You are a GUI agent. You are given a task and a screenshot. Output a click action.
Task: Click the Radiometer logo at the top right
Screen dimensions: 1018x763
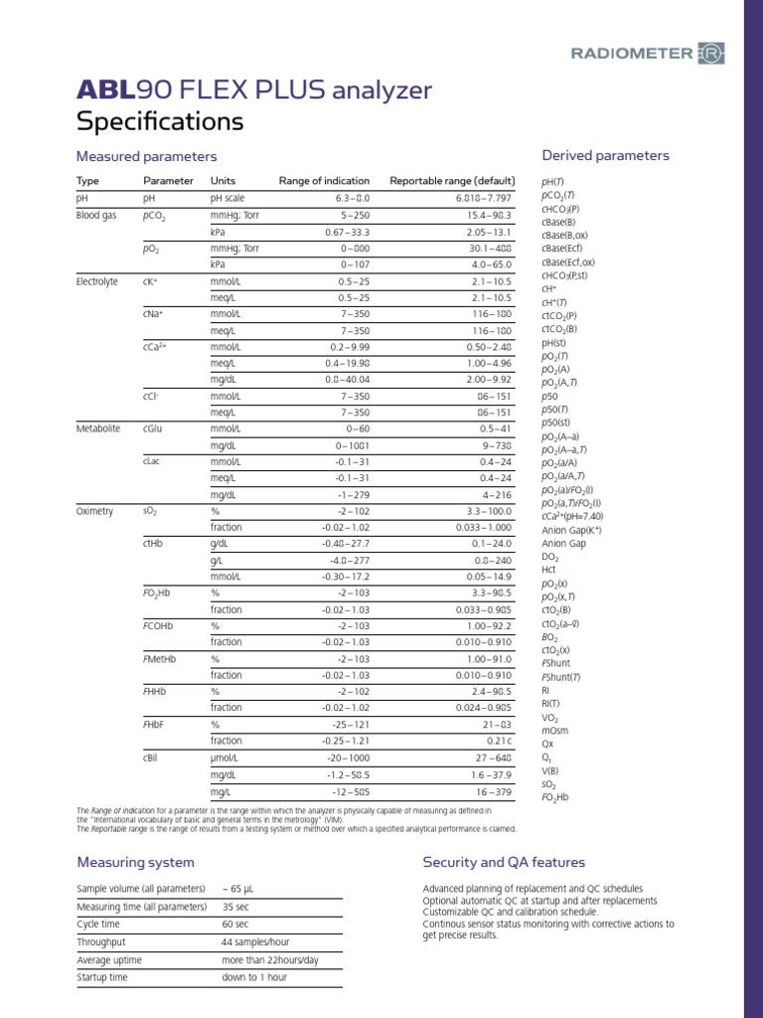point(645,53)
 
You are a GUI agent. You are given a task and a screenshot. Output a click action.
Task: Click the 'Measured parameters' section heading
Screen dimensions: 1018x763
point(146,157)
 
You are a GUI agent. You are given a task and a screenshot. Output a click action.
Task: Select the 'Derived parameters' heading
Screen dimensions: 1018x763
point(605,155)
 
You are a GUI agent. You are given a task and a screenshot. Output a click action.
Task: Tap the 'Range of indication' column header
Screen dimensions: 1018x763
point(324,181)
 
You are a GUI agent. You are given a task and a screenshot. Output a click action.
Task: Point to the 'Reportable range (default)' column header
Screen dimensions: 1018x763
point(452,181)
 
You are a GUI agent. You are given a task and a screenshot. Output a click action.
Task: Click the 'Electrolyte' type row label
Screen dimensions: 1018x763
point(97,282)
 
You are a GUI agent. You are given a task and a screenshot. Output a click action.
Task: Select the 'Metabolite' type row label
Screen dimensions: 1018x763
point(98,428)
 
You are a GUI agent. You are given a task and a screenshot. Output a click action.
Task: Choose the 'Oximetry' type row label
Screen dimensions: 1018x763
point(95,511)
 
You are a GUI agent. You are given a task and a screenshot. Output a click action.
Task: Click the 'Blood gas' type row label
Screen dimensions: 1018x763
point(97,214)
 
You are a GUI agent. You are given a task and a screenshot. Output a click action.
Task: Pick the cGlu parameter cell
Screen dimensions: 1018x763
point(154,428)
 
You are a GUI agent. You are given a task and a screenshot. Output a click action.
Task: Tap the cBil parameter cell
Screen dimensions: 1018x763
point(152,758)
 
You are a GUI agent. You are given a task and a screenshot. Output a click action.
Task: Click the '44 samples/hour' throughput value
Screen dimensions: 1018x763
point(256,941)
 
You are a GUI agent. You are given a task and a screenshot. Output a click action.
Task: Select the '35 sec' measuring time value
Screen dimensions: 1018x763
point(235,907)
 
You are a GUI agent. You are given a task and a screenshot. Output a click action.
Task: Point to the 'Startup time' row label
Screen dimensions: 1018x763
point(102,977)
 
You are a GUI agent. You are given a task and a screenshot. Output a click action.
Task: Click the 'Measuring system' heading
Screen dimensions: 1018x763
point(135,862)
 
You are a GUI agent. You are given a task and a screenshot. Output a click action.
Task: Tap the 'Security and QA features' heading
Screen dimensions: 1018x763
point(504,862)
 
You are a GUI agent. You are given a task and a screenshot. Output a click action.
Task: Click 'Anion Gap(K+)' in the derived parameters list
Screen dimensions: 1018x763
point(571,530)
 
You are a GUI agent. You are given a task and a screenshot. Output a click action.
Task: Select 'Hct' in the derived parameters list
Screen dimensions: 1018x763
point(549,571)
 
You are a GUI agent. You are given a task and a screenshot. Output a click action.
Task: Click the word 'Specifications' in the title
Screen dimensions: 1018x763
point(160,121)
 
